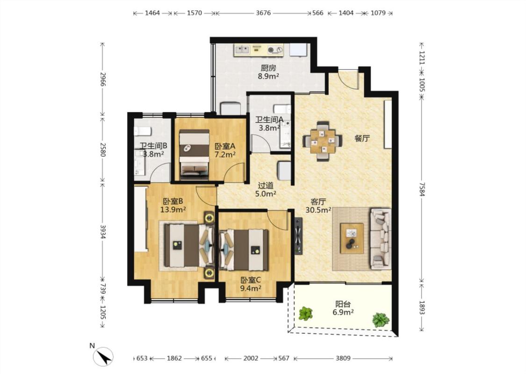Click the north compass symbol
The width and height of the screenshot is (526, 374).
(103, 356)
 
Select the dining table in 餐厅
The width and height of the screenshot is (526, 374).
(323, 141)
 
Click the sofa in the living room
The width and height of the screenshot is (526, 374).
(381, 238)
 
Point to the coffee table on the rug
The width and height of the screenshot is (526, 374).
(352, 238)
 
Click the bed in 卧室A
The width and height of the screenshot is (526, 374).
(194, 154)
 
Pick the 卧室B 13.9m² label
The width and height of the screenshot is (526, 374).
(173, 206)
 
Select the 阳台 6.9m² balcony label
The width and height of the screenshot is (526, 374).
(343, 308)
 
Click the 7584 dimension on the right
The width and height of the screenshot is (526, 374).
(422, 189)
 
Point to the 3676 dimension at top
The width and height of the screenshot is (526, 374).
(263, 13)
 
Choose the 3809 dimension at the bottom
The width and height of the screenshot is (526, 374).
(343, 358)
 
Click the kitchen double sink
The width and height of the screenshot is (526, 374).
(242, 50)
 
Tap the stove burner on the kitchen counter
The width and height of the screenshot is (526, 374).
(275, 50)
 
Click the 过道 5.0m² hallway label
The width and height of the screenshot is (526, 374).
(266, 189)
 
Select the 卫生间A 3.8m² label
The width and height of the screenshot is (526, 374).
(269, 123)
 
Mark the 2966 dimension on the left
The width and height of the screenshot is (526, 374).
(103, 79)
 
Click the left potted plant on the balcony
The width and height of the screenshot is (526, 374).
(305, 314)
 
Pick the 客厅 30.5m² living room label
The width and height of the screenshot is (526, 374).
(318, 206)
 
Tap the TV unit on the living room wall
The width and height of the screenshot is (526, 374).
(298, 236)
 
